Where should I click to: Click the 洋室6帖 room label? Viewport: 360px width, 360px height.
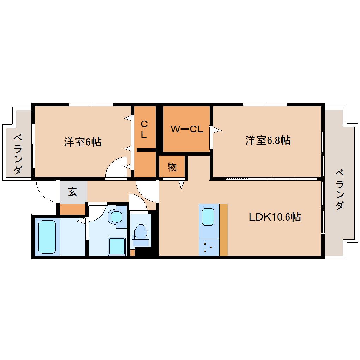pos(83,142)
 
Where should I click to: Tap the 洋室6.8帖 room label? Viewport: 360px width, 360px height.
pos(268,140)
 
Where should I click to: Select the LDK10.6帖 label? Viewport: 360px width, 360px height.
pos(275,217)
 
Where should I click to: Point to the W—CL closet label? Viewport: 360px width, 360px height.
pos(187,129)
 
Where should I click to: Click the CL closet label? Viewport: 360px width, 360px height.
pos(144,130)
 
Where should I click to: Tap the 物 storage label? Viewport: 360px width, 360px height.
pos(172,167)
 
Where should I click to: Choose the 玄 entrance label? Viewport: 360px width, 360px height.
pos(72,192)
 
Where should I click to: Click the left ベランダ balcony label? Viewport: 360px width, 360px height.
pos(18,154)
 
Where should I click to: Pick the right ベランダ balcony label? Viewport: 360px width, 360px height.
pos(340,190)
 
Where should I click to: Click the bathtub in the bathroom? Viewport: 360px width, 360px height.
pos(47,237)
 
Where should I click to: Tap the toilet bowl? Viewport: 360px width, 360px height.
pos(140,232)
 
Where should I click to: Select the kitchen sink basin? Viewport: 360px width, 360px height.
pos(208,217)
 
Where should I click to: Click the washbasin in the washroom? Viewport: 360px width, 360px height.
pos(116,216)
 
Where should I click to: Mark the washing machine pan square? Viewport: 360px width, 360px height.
pos(117,246)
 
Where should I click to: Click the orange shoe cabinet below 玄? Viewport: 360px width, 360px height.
pos(73,209)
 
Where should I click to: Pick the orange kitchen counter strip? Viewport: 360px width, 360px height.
pos(223,230)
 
